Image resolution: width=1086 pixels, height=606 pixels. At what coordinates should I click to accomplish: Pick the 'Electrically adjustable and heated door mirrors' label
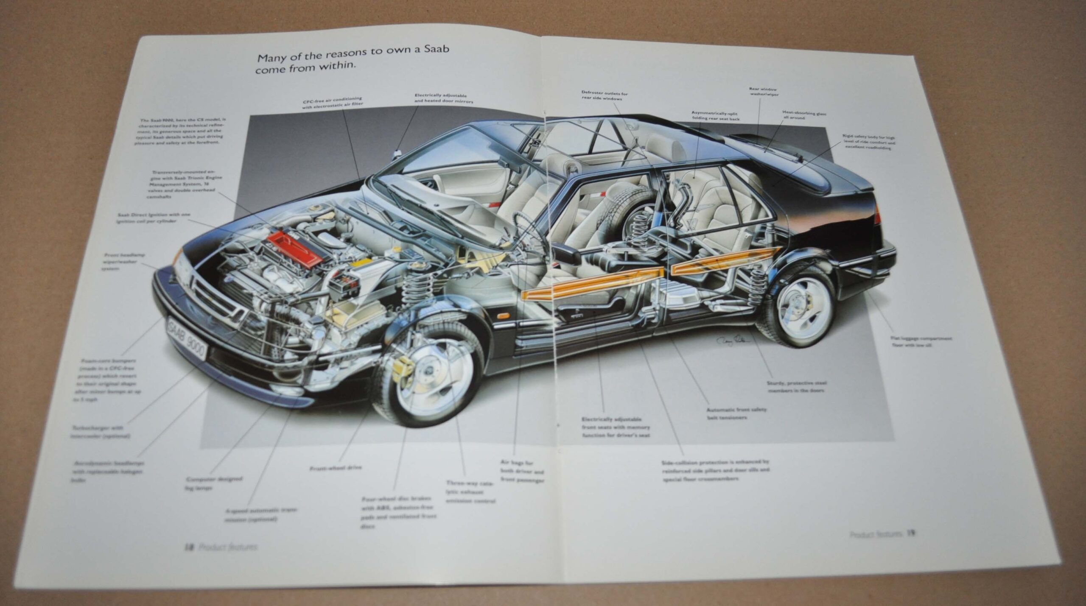443,98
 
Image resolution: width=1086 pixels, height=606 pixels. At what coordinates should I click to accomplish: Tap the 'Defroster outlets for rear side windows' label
604,96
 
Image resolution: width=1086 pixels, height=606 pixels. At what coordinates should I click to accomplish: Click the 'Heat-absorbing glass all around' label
803,115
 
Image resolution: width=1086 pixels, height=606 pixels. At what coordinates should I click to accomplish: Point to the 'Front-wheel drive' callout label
335,468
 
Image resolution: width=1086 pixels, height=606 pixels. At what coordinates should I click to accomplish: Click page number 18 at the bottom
188,547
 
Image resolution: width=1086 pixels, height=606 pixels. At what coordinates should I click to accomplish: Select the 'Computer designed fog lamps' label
214,483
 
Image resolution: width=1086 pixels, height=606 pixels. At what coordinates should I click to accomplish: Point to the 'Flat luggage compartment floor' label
921,342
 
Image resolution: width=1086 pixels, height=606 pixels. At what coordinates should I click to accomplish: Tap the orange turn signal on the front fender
504,316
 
